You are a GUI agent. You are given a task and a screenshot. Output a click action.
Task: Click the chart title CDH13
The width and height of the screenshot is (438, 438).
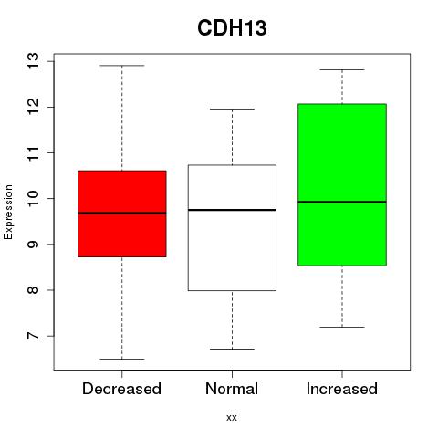point(232,28)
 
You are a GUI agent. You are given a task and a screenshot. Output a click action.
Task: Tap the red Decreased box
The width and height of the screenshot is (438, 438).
point(122,214)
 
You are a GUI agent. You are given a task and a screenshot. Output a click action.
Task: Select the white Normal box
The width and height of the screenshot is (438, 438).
point(232,228)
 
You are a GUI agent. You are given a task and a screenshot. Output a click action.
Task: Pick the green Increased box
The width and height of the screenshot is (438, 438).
point(342,185)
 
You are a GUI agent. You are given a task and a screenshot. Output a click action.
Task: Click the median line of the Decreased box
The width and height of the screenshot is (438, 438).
point(122,213)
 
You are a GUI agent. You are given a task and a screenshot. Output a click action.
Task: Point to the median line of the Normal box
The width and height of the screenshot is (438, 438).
point(232,210)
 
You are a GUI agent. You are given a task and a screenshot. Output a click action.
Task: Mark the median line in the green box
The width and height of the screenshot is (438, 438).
point(342,202)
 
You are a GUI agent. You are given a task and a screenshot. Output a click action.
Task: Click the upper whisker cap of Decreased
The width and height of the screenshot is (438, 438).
point(122,66)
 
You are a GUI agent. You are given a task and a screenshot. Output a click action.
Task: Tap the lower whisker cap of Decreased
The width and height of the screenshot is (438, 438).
point(122,359)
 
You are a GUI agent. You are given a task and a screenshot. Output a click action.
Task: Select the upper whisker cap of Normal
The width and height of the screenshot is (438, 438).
point(232,109)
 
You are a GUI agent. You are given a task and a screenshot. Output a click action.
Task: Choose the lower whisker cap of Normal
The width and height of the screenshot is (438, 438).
point(232,349)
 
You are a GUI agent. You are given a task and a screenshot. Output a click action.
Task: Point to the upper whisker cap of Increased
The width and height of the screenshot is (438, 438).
point(342,69)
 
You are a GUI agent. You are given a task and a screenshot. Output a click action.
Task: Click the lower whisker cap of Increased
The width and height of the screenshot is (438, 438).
point(342,327)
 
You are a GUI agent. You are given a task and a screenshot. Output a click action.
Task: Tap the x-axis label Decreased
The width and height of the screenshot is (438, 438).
point(121,389)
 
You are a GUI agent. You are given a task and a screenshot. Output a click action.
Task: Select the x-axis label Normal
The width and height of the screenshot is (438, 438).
point(232,389)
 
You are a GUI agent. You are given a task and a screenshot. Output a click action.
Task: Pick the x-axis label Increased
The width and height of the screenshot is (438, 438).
point(342,389)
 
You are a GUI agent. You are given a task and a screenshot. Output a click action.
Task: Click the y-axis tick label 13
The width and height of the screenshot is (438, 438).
point(34,61)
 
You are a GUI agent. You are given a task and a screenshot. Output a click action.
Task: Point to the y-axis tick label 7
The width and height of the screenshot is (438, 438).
point(34,336)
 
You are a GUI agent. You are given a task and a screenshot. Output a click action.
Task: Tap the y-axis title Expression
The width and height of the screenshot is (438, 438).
point(8,212)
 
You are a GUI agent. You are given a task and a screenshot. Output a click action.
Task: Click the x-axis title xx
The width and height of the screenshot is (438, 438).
point(232,418)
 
